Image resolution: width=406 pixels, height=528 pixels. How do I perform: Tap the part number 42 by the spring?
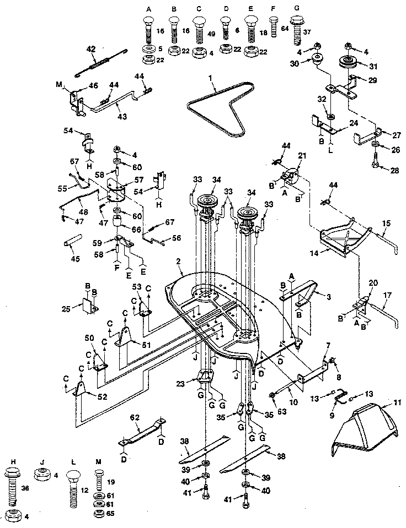click(92, 48)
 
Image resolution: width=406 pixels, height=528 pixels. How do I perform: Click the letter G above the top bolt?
click(297, 9)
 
